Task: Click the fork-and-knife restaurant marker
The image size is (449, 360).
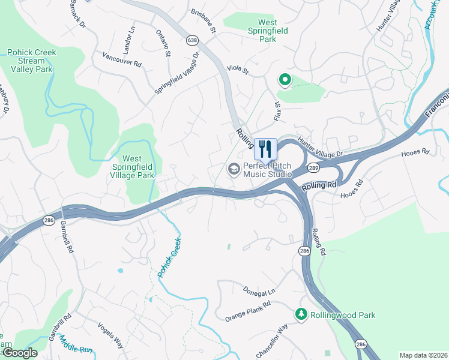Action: (x=265, y=148)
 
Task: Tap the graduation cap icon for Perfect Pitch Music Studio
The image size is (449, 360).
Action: (x=233, y=169)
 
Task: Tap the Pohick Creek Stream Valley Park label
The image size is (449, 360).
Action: (x=31, y=61)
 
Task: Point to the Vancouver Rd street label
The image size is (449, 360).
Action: (x=122, y=58)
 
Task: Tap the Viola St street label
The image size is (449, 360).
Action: (x=237, y=70)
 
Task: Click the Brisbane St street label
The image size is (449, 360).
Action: (x=203, y=20)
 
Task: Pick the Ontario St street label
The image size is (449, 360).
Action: (x=163, y=43)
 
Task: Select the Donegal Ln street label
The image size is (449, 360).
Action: (x=259, y=290)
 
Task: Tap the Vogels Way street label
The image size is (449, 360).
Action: (x=110, y=335)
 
